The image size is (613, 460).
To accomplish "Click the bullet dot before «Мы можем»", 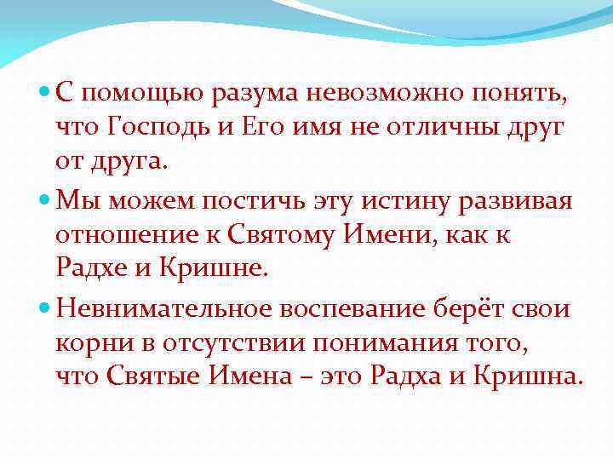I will pyautogui.click(x=44, y=201).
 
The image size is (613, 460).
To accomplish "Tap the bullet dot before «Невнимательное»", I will pyautogui.click(x=44, y=308).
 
